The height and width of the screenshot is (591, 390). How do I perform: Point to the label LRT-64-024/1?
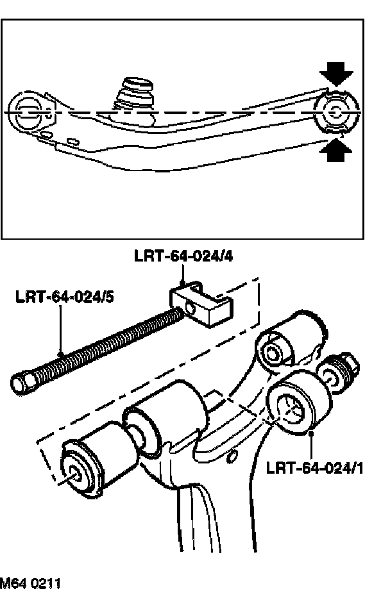[315, 467]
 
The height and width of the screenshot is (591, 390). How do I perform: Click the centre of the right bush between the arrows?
[336, 113]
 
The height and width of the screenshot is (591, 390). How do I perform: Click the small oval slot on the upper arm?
[72, 140]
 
